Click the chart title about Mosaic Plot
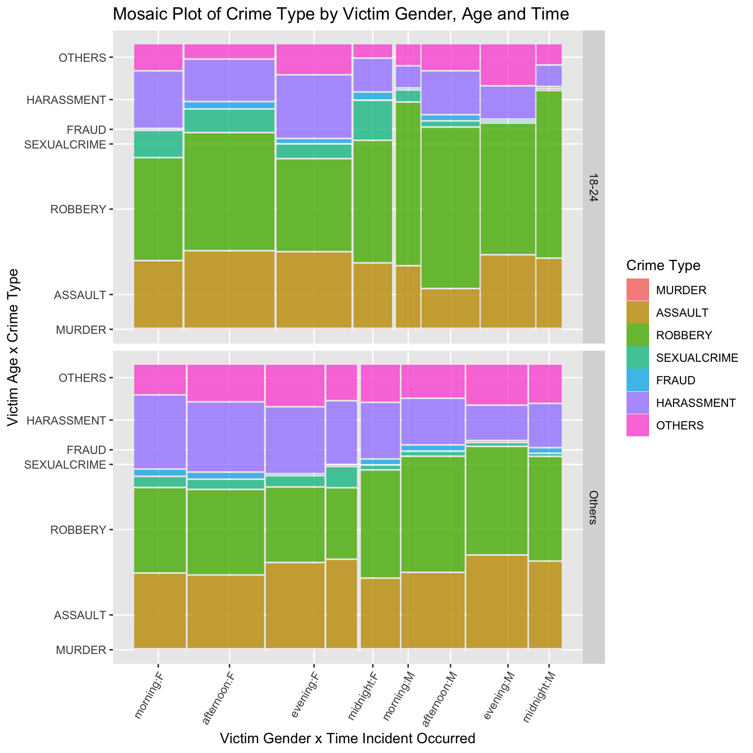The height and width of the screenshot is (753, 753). [x=341, y=14]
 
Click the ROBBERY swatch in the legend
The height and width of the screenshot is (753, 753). [x=637, y=335]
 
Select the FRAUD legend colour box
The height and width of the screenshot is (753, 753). [x=637, y=380]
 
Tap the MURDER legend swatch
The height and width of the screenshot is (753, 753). [x=637, y=290]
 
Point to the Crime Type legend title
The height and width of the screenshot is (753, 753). [x=663, y=266]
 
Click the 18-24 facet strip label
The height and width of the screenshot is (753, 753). [x=593, y=187]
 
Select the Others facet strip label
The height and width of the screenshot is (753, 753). [x=593, y=507]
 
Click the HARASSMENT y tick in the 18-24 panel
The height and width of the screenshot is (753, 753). [x=66, y=100]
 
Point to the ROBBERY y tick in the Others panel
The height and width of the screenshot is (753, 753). [x=78, y=530]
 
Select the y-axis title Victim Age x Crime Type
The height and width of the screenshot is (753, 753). [x=14, y=347]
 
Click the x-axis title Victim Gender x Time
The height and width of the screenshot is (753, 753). [x=348, y=738]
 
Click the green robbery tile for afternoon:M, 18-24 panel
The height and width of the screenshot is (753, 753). [x=450, y=207]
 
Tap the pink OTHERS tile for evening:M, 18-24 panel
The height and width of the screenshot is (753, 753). [x=507, y=65]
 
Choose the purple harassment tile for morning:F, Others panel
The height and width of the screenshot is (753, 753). [x=160, y=431]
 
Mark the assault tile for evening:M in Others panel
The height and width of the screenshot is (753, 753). [x=497, y=602]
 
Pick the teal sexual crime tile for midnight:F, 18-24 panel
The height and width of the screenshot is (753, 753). [x=373, y=120]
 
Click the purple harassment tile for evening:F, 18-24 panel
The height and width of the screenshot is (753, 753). [x=314, y=106]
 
